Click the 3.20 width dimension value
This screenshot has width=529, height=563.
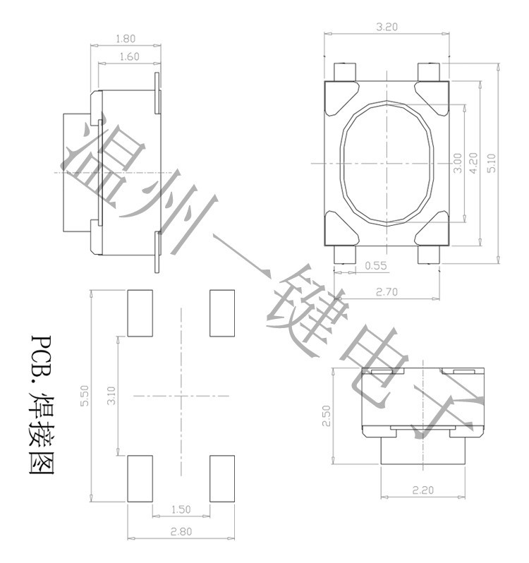tap(387, 27)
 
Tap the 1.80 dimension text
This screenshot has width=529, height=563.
tap(126, 39)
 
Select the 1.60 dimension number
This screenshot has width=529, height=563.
tap(129, 56)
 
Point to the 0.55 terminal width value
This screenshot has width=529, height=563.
tap(376, 266)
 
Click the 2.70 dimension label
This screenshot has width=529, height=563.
tap(387, 292)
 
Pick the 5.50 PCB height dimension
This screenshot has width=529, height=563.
tap(85, 396)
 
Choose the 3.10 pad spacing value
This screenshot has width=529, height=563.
tap(111, 396)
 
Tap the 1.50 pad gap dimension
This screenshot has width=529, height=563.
tap(181, 509)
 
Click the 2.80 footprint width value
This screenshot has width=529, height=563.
tap(181, 531)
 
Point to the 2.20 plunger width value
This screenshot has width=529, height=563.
tap(422, 490)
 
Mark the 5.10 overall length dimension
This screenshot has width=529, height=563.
tap(492, 163)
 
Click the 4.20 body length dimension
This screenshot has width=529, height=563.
tap(474, 164)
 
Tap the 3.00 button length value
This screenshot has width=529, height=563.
tap(457, 164)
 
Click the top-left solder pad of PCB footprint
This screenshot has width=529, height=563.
tap(140, 313)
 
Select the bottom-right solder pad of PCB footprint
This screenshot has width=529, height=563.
tap(222, 478)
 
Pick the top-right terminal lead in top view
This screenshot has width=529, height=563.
tap(429, 72)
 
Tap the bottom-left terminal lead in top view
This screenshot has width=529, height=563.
tap(344, 255)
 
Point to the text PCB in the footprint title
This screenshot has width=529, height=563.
tap(40, 353)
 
